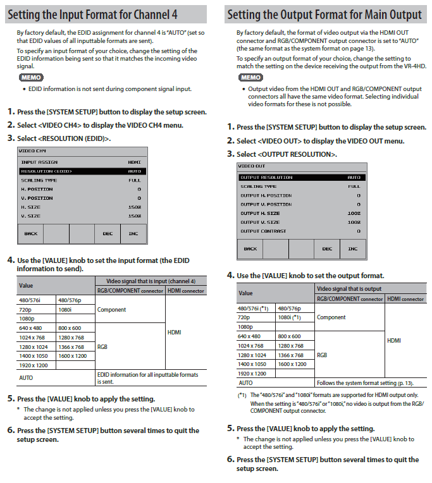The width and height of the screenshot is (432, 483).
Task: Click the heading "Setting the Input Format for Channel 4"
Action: coord(92,14)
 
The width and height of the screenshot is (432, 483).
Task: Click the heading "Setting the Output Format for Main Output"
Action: coord(324,14)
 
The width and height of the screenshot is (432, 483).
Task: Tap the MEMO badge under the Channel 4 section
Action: coord(29,76)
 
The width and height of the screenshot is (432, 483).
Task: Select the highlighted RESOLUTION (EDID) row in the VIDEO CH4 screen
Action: coord(82,171)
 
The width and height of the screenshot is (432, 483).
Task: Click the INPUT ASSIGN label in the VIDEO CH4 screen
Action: coord(39,162)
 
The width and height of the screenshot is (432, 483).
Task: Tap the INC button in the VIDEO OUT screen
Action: coord(352,248)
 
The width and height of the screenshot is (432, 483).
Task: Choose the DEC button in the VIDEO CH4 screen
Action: coord(108,233)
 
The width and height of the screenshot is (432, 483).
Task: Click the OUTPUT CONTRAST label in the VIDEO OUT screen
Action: coord(263,231)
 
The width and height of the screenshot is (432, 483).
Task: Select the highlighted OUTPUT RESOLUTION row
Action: coord(300,178)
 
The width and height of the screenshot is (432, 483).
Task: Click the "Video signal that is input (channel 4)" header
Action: coord(151,281)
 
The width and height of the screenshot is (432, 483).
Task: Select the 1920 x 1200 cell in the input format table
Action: coord(34,365)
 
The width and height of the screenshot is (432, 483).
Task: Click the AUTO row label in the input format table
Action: coord(26,377)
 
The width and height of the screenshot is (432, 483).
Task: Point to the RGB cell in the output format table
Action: coord(323,355)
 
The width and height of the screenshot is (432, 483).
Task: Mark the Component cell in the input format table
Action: coord(111,310)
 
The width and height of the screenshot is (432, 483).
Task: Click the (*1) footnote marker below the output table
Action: coord(242,395)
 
